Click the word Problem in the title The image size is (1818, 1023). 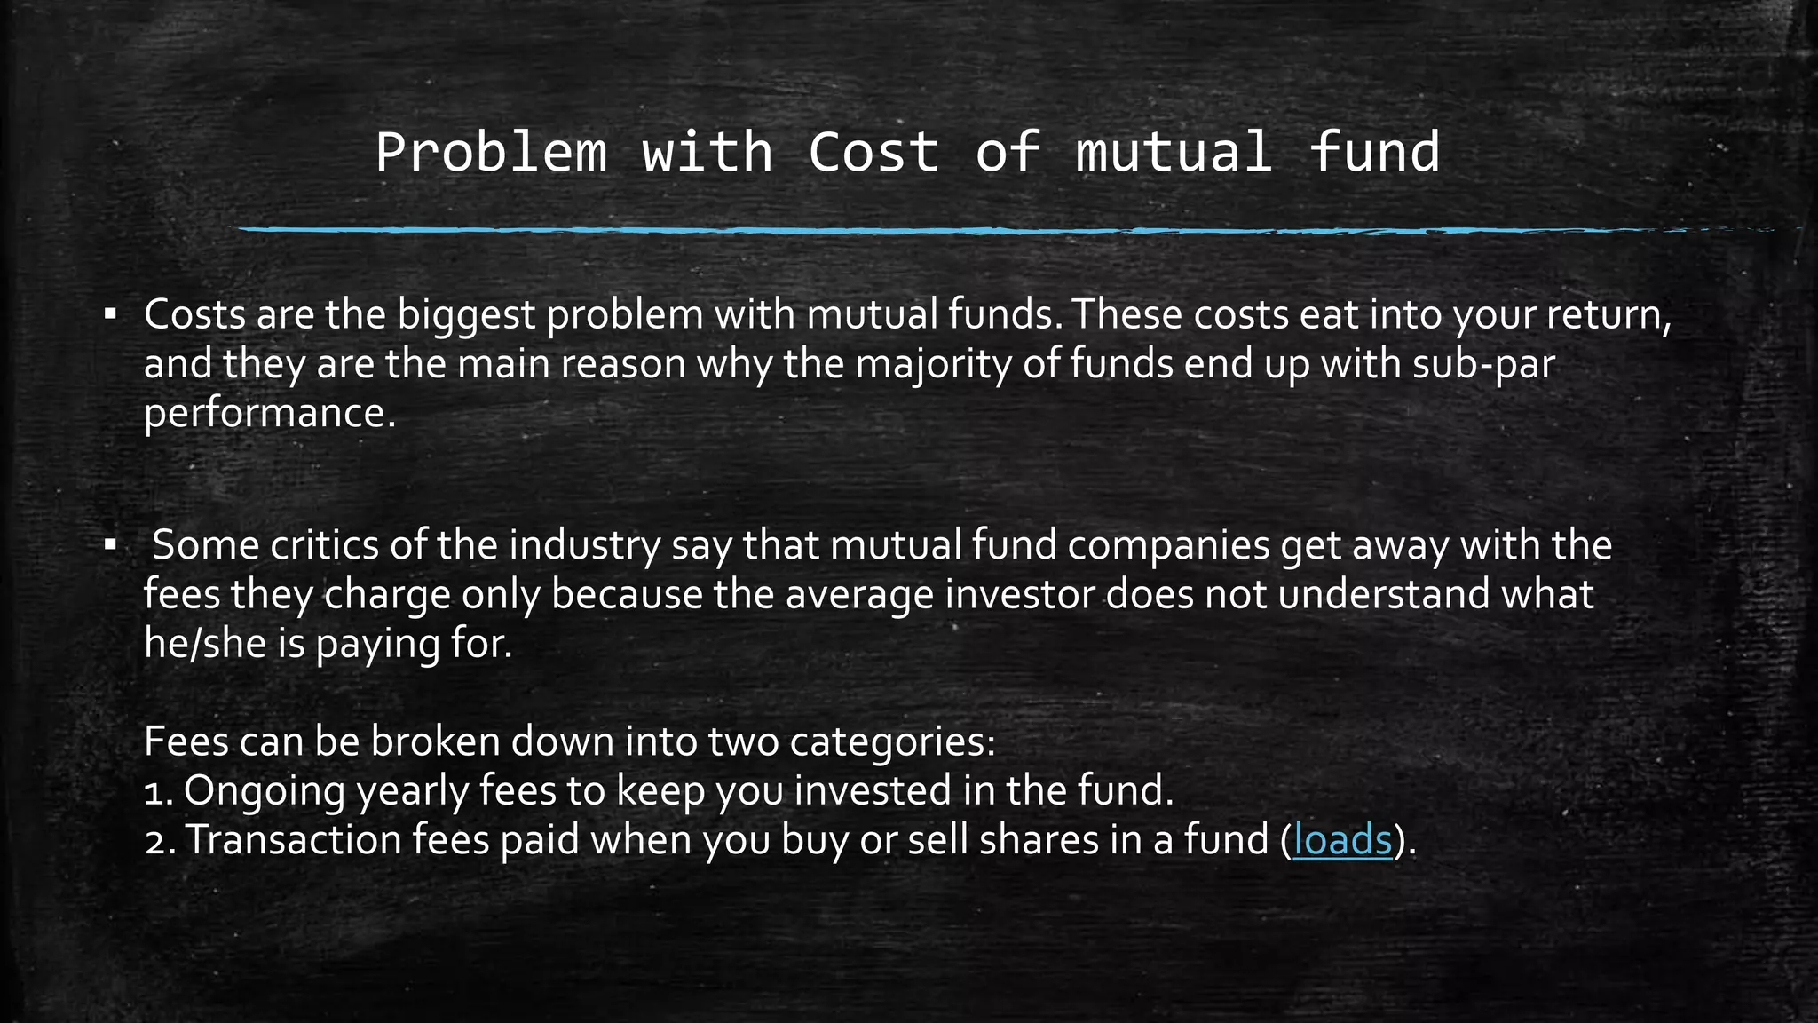click(x=491, y=152)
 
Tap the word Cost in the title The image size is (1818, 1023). click(x=873, y=152)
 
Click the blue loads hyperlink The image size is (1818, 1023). click(x=1342, y=839)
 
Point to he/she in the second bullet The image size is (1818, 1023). click(x=205, y=644)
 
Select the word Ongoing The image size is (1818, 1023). click(x=265, y=790)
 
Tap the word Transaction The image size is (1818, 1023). click(x=293, y=839)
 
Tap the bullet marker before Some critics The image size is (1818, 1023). click(x=110, y=544)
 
